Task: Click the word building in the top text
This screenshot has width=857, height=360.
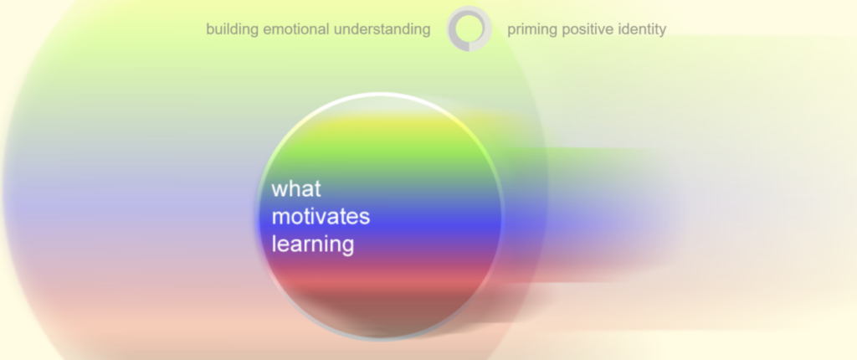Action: pyautogui.click(x=233, y=29)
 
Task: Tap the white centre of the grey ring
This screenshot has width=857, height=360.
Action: pyautogui.click(x=469, y=28)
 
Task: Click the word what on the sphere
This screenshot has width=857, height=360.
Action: pyautogui.click(x=296, y=188)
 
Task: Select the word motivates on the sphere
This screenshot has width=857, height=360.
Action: pyautogui.click(x=321, y=217)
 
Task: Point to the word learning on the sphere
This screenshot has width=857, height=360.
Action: pyautogui.click(x=313, y=244)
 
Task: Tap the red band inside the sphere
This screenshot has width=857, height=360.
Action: pyautogui.click(x=380, y=278)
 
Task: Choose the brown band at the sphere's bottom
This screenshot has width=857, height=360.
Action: pyautogui.click(x=380, y=311)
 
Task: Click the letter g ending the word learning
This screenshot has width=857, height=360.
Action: pyautogui.click(x=347, y=247)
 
